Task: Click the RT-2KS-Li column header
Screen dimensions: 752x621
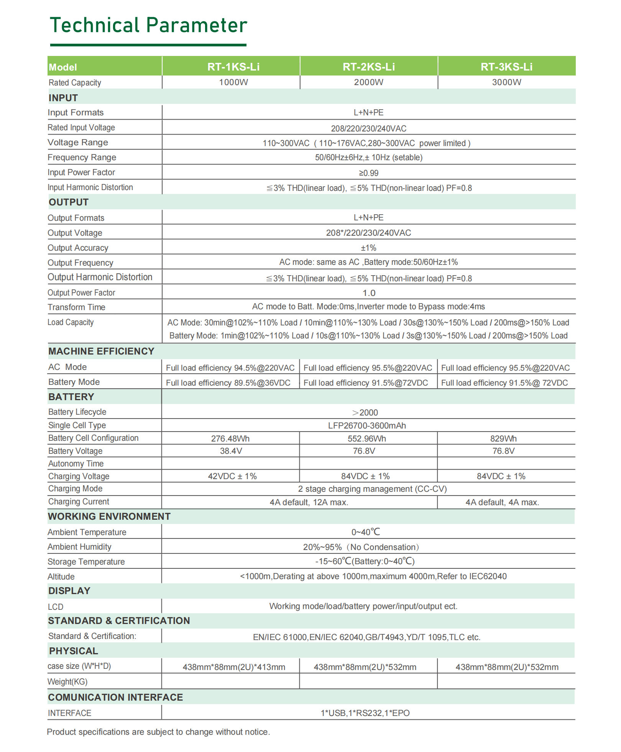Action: [x=368, y=67]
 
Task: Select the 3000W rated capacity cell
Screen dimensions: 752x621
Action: [x=506, y=82]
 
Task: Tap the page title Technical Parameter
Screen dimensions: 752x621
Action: [x=148, y=25]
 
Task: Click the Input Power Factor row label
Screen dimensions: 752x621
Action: [x=81, y=172]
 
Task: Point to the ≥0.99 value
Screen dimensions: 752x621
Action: [x=368, y=173]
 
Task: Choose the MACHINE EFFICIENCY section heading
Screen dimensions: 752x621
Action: [x=101, y=351]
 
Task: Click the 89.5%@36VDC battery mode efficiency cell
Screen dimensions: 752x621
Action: [x=228, y=383]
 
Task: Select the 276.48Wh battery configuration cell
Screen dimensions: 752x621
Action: [x=230, y=438]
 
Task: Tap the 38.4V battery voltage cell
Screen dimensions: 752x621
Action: [x=231, y=451]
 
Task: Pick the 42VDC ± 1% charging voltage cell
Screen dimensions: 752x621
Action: [x=232, y=476]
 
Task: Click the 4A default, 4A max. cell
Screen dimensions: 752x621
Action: [x=502, y=502]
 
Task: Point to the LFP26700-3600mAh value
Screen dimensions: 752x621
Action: [x=367, y=425]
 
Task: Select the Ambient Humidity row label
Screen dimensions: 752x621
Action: [x=79, y=547]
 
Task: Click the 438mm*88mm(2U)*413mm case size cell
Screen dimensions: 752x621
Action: [x=234, y=667]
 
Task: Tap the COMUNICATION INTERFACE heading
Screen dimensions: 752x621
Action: [x=115, y=697]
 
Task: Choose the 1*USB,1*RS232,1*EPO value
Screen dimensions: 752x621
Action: [x=365, y=713]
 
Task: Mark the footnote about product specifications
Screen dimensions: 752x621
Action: [x=158, y=732]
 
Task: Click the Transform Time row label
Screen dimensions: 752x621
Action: [x=76, y=307]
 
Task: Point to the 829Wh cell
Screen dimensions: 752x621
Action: [x=503, y=438]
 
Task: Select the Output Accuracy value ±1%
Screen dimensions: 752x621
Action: [x=368, y=248]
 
